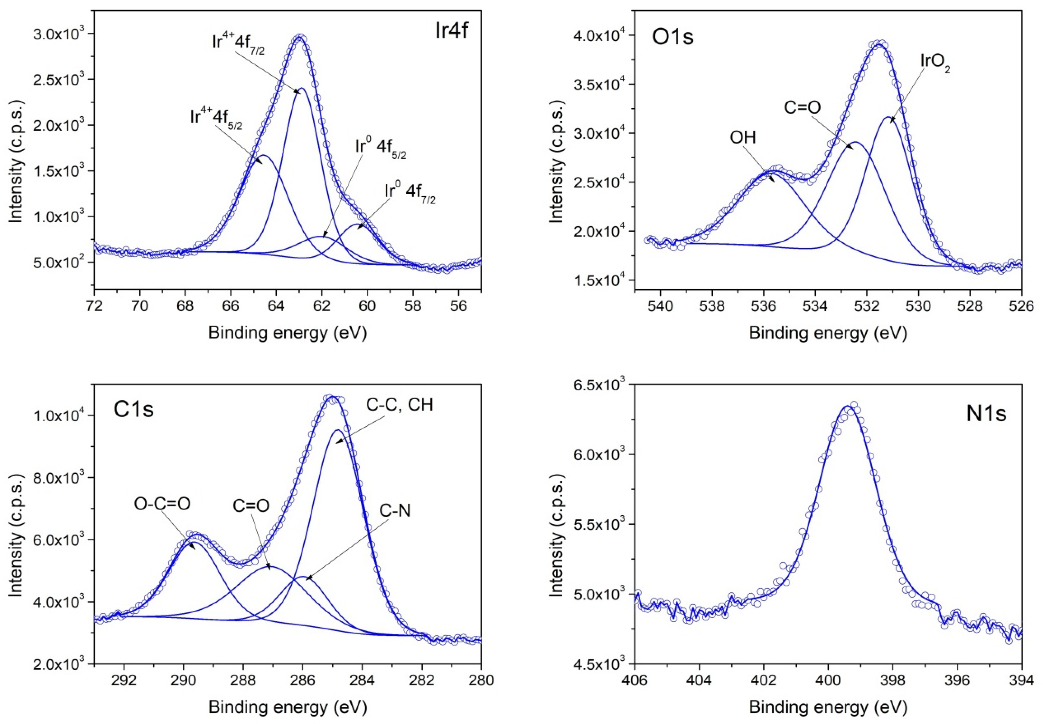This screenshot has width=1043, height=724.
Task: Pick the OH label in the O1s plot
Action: click(x=743, y=137)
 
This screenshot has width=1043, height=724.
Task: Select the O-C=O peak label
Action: click(x=162, y=504)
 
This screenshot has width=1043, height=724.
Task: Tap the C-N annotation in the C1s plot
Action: click(x=395, y=511)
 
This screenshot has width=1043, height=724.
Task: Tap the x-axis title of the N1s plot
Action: click(x=827, y=707)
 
